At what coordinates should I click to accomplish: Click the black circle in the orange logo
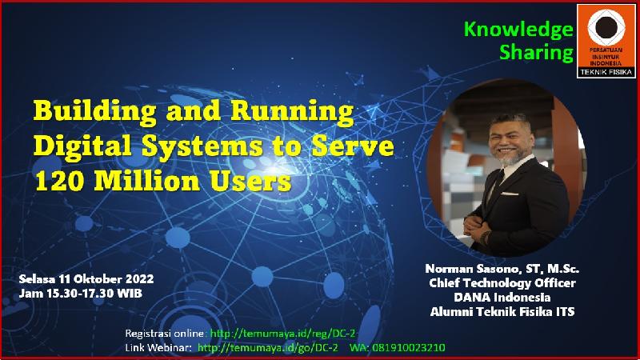606,27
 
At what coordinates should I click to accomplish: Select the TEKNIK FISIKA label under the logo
606,72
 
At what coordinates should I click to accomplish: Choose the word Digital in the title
83,146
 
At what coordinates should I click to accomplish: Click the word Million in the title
147,181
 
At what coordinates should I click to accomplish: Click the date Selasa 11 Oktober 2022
86,279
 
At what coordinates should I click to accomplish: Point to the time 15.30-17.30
81,294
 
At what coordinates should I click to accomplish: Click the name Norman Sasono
472,269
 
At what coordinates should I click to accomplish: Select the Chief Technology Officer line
502,283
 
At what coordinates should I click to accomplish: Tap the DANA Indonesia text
502,298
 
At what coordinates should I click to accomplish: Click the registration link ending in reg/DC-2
282,334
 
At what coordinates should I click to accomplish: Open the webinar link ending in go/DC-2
268,348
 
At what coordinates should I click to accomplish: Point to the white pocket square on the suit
510,194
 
